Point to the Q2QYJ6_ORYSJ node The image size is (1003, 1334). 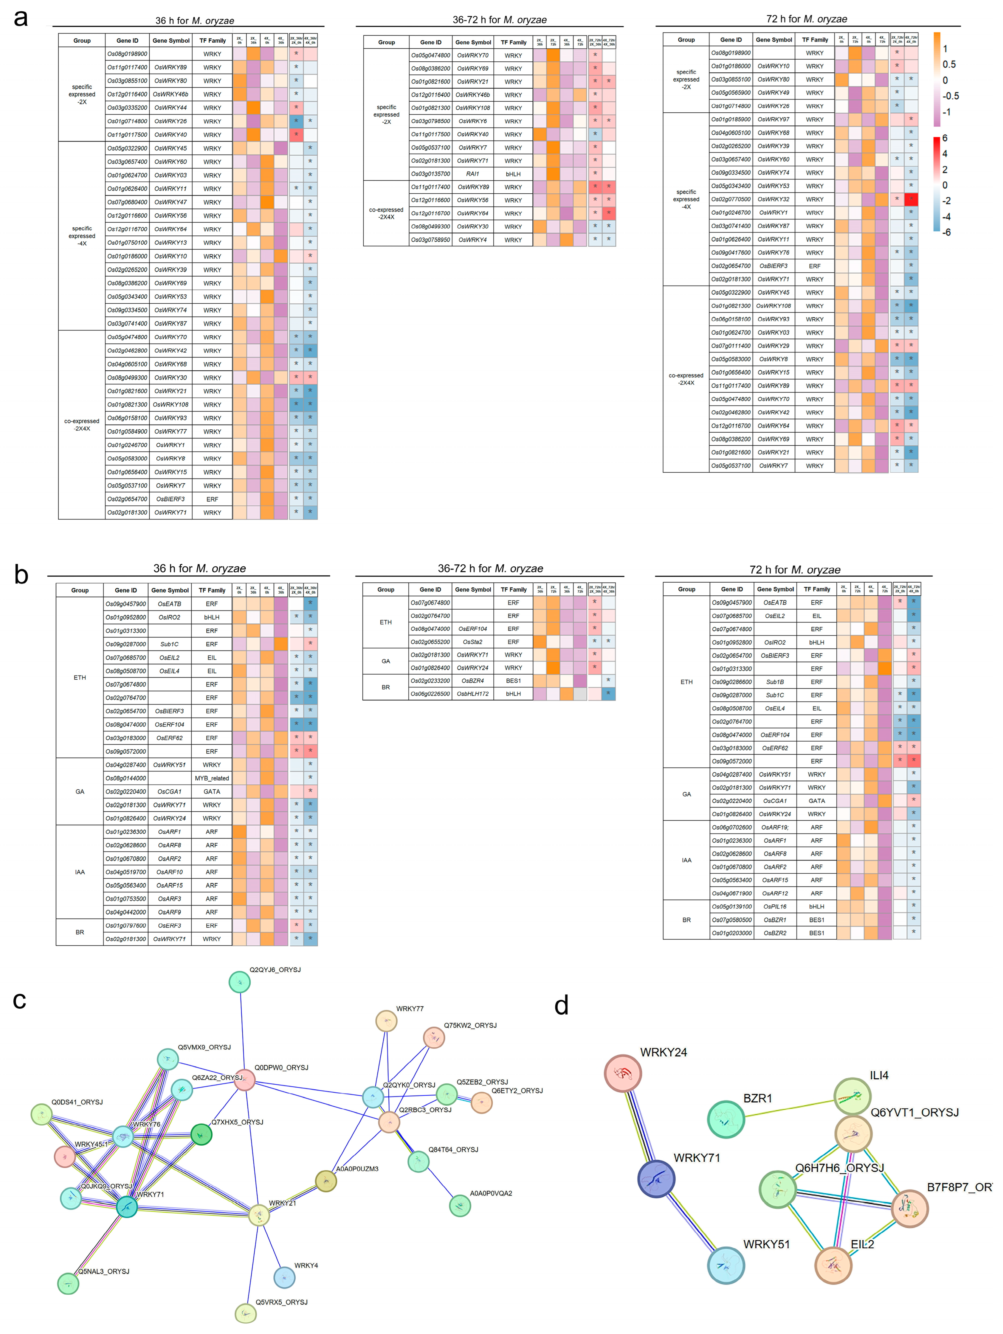coord(240,982)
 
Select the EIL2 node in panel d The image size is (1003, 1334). coord(833,1265)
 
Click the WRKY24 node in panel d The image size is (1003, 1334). coord(622,1073)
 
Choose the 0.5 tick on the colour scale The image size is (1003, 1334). coord(949,65)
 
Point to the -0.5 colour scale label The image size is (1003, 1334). coord(951,96)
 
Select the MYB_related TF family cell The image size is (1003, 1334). coord(212,778)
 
